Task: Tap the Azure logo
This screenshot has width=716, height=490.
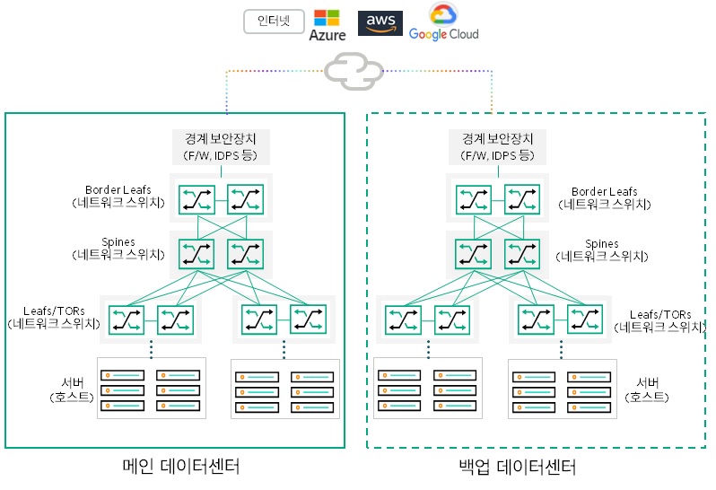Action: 327,24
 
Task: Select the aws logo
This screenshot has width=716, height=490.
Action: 380,22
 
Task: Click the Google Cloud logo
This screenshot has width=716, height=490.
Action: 443,22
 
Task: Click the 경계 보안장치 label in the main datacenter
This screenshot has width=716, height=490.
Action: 220,147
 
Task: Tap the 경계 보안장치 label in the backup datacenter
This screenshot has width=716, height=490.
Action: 498,147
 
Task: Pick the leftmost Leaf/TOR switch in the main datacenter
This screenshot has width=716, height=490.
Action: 126,319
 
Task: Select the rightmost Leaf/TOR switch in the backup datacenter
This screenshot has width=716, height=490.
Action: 584,319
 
